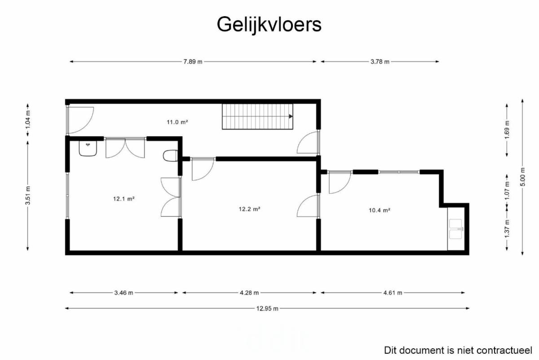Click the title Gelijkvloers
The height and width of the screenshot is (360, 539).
click(x=269, y=25)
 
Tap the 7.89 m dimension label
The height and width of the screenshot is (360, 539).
click(x=193, y=62)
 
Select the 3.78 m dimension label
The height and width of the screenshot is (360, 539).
click(x=380, y=62)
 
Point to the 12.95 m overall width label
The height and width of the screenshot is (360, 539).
click(x=267, y=309)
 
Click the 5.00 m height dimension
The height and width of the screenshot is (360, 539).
click(x=523, y=177)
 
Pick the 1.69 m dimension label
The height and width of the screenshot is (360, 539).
click(x=507, y=130)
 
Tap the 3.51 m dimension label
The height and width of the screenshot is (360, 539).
click(x=28, y=196)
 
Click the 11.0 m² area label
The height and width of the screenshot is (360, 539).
click(x=177, y=122)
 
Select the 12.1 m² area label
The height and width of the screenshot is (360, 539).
click(x=124, y=199)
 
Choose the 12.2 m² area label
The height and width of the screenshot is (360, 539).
click(x=249, y=209)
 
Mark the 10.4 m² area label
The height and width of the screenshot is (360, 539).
click(x=380, y=210)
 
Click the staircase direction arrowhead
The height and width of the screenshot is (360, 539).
click(x=291, y=116)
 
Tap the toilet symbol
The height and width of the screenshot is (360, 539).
click(x=170, y=156)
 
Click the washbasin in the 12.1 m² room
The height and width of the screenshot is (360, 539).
click(x=88, y=149)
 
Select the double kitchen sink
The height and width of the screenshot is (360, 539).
click(x=456, y=229)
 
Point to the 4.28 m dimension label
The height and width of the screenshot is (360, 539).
click(x=249, y=293)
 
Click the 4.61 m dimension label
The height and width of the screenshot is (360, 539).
click(x=393, y=293)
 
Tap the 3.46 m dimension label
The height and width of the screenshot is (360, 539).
click(x=124, y=293)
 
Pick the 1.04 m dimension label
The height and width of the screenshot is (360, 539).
click(x=28, y=119)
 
